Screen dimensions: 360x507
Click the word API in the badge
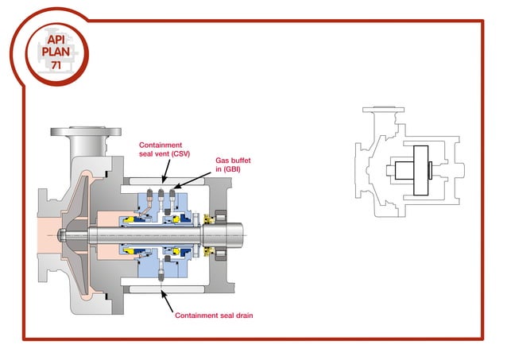click(56, 38)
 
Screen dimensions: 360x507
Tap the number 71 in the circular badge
click(56, 64)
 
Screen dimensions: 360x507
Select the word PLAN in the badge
click(56, 51)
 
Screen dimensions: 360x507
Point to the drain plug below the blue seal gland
click(162, 275)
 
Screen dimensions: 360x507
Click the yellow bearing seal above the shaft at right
click(211, 219)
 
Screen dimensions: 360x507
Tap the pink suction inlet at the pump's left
click(36, 234)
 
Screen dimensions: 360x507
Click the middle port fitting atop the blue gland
click(162, 192)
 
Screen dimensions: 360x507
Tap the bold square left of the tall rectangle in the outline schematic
click(394, 169)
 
